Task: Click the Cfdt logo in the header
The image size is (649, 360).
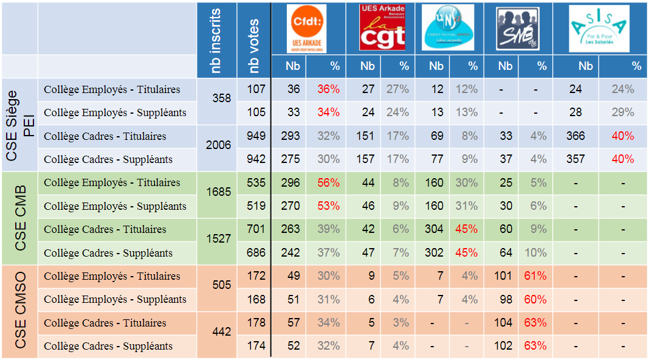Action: pos(307,29)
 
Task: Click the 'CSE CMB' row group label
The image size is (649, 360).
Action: pos(20,217)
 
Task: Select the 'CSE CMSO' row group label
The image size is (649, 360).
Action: pos(20,311)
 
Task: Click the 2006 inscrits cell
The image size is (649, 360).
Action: pos(218,145)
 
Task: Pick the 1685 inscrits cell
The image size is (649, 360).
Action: pos(218,192)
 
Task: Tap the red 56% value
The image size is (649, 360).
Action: pos(328,182)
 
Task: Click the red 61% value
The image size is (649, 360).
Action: pos(535,276)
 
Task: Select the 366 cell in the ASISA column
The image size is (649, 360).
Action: pos(575,136)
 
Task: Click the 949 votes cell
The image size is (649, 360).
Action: pos(256,136)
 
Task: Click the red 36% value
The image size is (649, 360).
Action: pos(328,89)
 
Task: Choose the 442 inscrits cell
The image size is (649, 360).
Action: pos(222,332)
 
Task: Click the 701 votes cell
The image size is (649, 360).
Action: pos(256,229)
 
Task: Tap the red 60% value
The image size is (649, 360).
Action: pos(535,299)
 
